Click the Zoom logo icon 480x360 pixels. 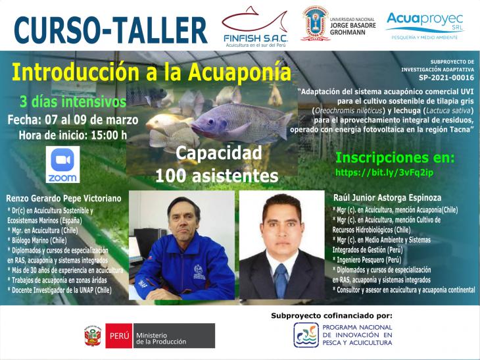(62, 165)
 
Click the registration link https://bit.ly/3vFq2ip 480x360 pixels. (384, 172)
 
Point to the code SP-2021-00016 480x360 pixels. (446, 78)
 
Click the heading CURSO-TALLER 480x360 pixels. (110, 30)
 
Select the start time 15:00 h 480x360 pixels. (109, 135)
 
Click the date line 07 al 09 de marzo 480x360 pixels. (91, 120)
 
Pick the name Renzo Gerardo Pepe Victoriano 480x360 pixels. (64, 199)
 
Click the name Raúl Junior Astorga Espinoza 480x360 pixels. (387, 197)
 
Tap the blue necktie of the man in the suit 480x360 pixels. (281, 280)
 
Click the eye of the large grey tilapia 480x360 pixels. (211, 121)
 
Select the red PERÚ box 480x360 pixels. (119, 336)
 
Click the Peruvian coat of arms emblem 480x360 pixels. (93, 336)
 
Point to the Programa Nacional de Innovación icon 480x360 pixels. (306, 335)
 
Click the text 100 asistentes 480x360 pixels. (217, 176)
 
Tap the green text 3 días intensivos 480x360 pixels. (73, 102)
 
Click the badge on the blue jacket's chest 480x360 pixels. (200, 272)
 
